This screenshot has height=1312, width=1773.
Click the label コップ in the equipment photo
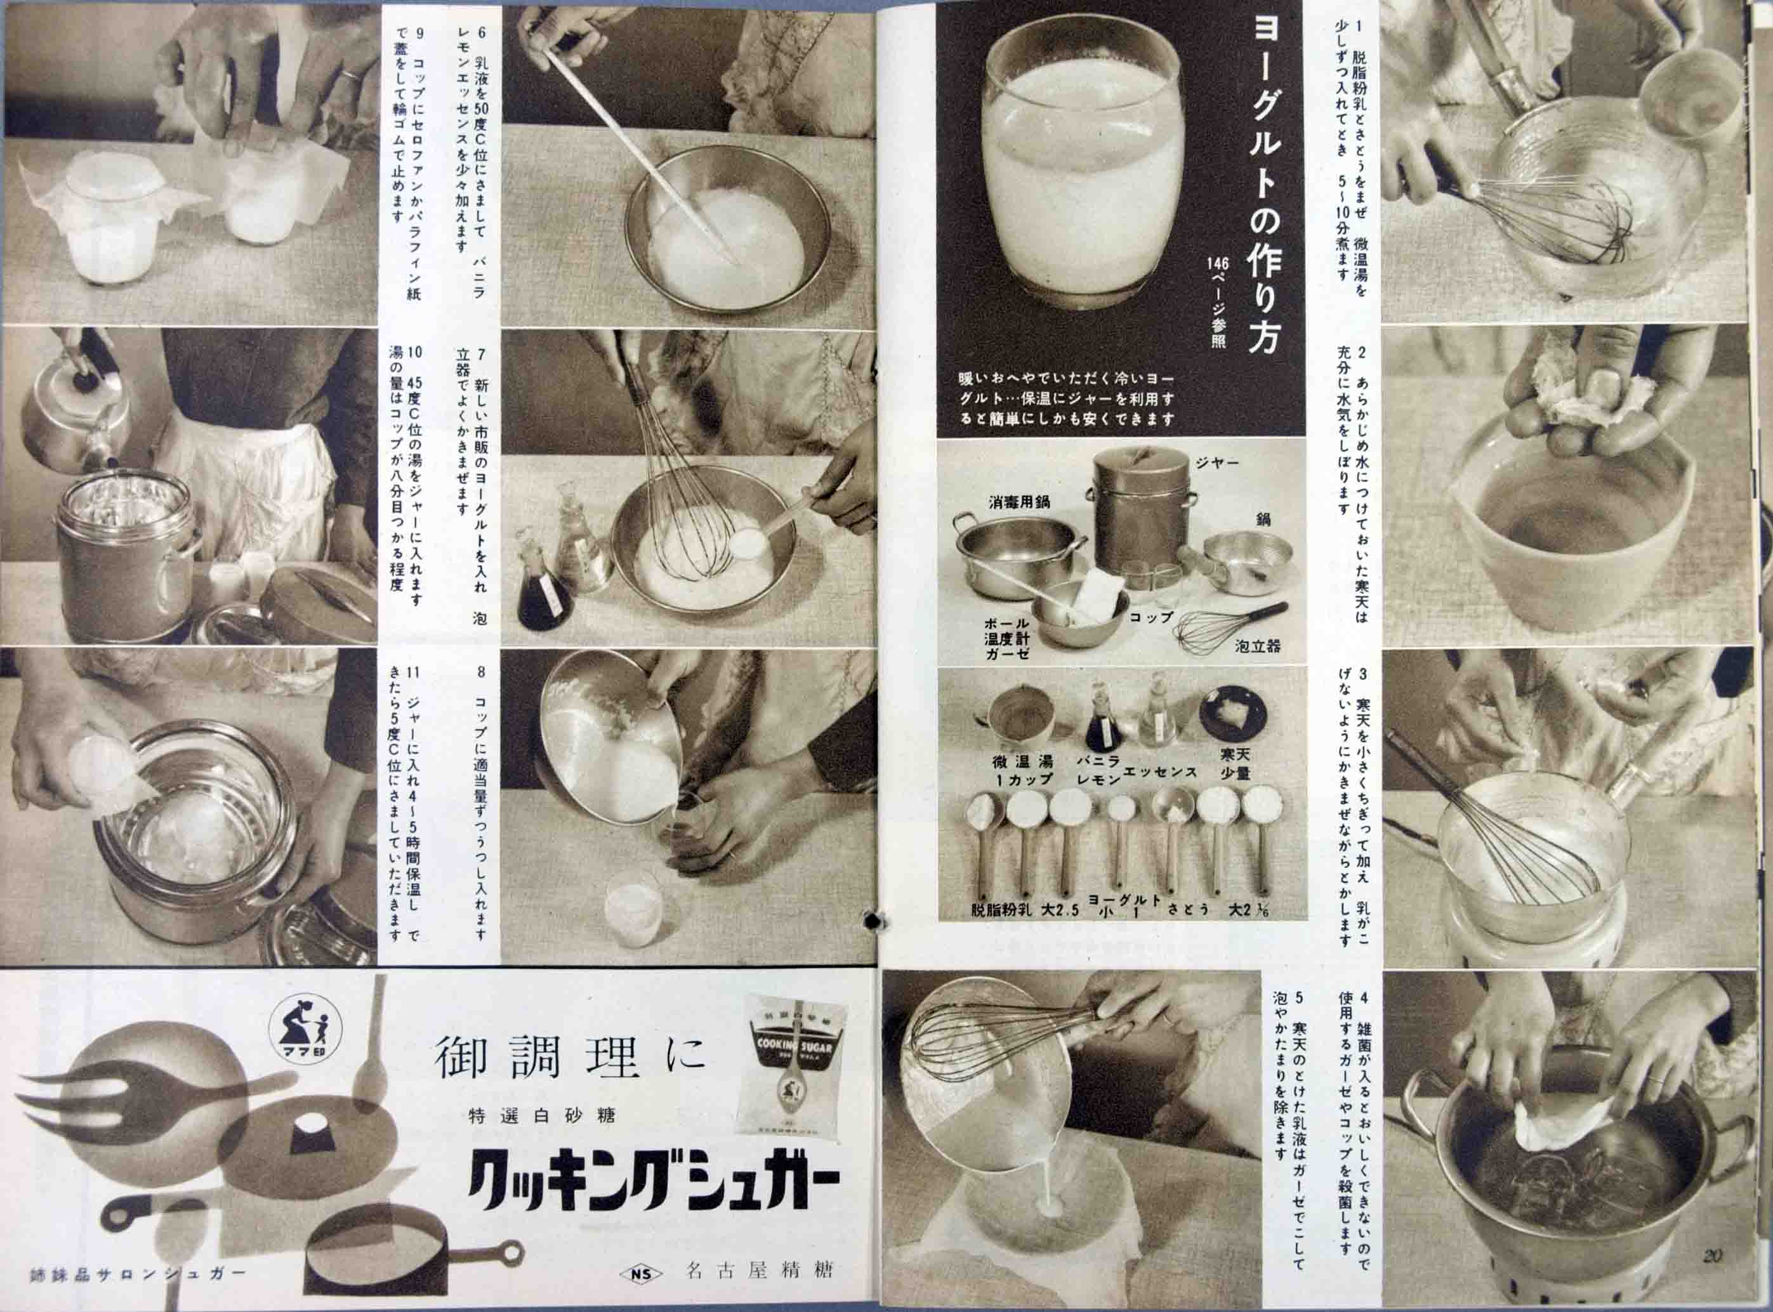coord(1151,615)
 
